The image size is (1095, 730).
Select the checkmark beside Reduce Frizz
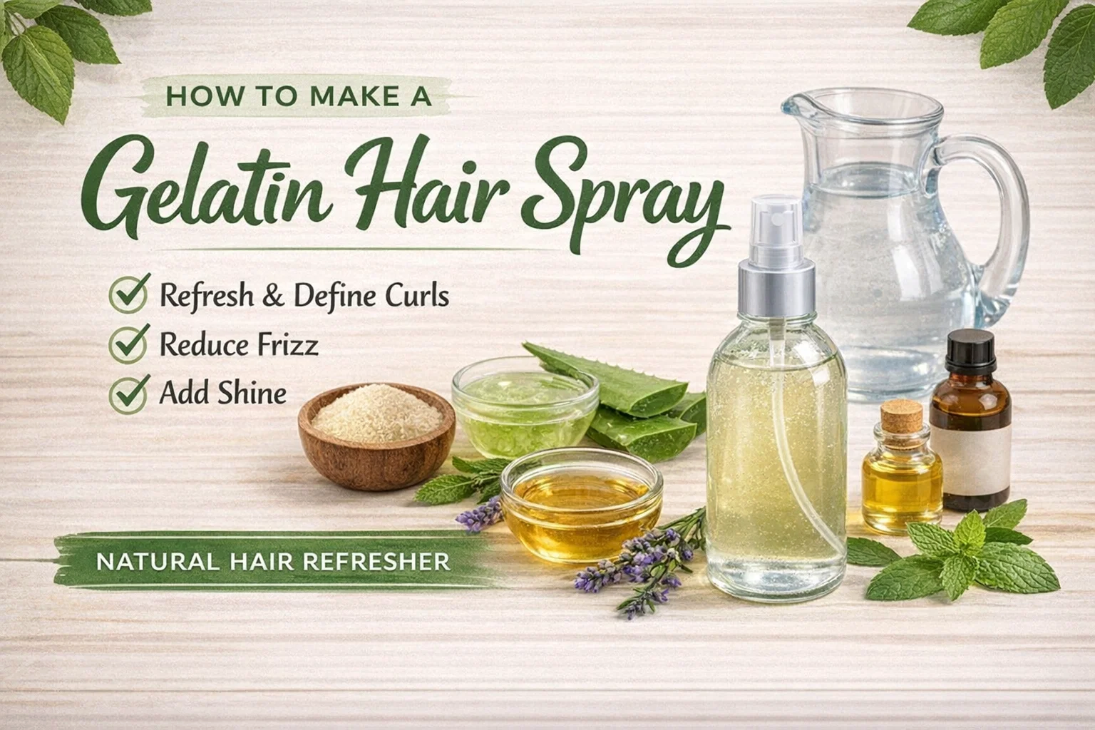point(129,343)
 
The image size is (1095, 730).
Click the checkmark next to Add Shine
point(129,394)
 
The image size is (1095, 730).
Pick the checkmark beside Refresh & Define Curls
point(129,294)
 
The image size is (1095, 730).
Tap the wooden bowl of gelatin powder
point(376,435)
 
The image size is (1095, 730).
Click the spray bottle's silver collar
point(776,289)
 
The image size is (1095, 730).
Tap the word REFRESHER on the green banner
point(376,562)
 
